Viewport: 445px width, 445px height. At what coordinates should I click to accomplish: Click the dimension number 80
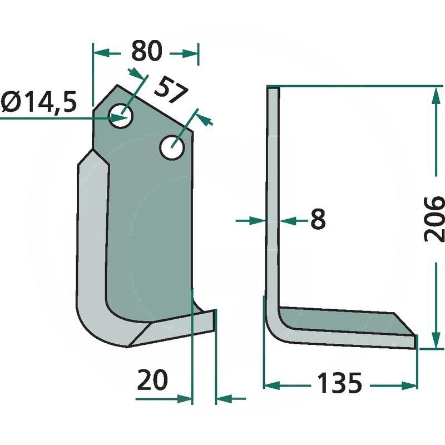click(147, 51)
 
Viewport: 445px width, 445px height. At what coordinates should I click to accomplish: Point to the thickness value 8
click(318, 219)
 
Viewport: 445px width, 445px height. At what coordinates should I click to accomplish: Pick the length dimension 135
click(340, 383)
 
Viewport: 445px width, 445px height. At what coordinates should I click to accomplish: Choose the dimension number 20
click(152, 379)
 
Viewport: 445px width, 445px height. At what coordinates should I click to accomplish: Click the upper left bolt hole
click(121, 116)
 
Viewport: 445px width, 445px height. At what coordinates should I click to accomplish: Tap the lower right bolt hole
click(172, 147)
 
